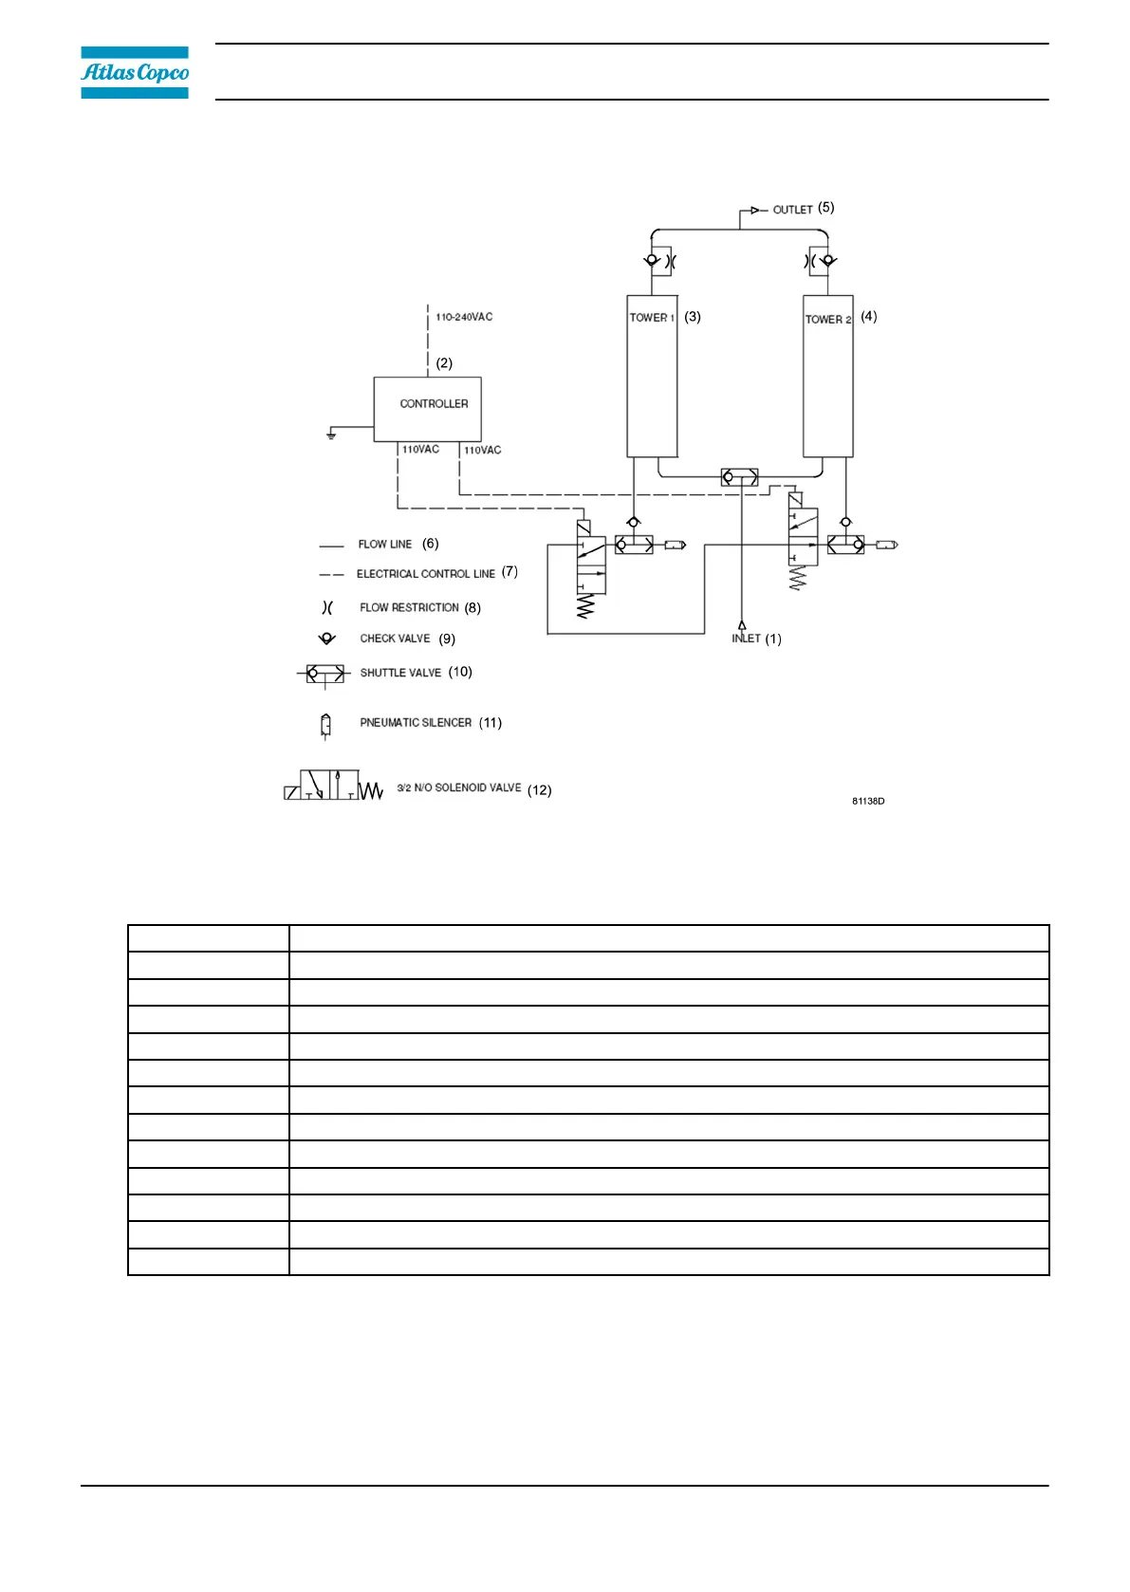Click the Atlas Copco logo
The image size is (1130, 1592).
135,72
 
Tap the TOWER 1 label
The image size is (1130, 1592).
652,318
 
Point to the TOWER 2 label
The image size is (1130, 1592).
827,320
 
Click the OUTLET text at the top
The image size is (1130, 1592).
792,210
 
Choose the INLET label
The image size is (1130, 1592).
746,639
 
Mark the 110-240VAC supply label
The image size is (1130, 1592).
464,317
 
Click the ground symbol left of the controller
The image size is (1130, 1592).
331,434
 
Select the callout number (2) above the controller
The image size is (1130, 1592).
444,363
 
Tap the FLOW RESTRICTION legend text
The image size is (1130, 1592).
409,607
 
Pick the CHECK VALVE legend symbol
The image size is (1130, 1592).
327,639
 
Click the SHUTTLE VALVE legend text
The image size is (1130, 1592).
400,673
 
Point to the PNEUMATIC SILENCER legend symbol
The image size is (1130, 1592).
325,726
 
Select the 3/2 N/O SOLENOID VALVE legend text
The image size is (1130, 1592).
459,787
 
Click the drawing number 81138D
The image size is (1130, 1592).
868,802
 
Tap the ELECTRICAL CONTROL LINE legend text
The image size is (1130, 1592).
425,574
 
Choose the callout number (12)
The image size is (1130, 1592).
539,790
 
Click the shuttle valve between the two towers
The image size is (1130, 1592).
739,477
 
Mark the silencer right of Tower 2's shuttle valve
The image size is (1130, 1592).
886,545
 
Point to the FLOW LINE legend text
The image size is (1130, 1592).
384,545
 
